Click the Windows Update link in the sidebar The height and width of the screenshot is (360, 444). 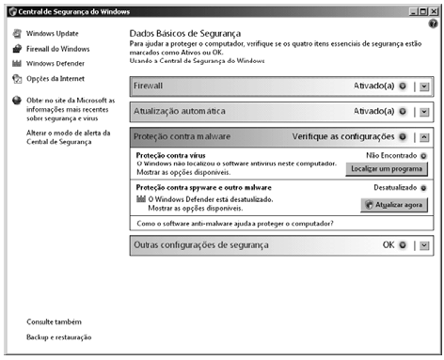53,33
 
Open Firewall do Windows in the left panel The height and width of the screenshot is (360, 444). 57,48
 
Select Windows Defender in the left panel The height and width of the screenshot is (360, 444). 56,63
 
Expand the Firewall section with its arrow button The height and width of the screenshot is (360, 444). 424,86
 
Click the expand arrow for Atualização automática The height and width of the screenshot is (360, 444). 424,111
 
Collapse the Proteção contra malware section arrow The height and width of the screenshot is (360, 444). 424,137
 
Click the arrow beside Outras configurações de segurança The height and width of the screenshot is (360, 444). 424,245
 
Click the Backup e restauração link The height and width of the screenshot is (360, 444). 58,337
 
